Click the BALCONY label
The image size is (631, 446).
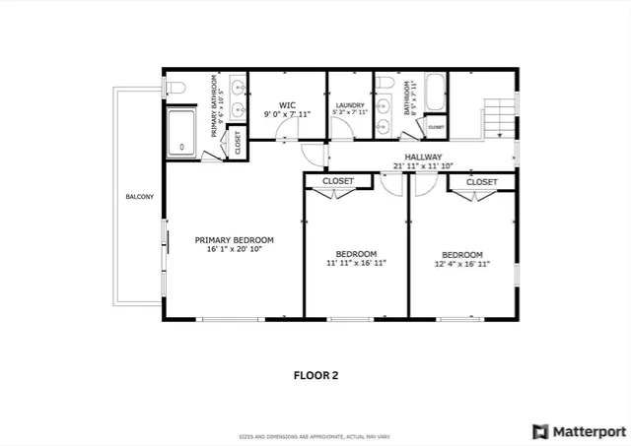139,198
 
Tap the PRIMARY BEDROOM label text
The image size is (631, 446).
234,240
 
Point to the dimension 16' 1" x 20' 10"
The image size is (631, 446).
234,251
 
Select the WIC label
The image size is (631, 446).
287,104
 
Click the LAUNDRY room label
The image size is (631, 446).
350,105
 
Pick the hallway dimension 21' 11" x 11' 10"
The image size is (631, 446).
422,165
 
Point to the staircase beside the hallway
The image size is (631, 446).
500,115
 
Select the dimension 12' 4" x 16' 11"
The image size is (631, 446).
461,264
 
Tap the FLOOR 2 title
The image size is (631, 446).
315,374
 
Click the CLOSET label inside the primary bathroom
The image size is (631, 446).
238,143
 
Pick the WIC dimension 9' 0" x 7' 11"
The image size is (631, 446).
287,115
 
